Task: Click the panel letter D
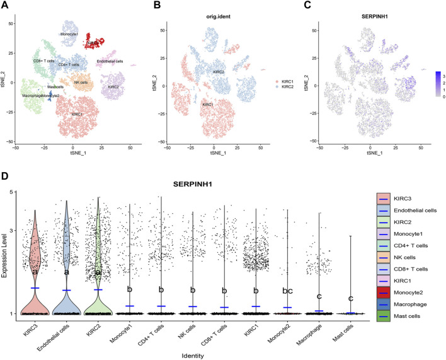click(x=5, y=173)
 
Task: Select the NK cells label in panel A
click(x=81, y=82)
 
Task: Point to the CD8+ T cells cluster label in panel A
click(x=44, y=61)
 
